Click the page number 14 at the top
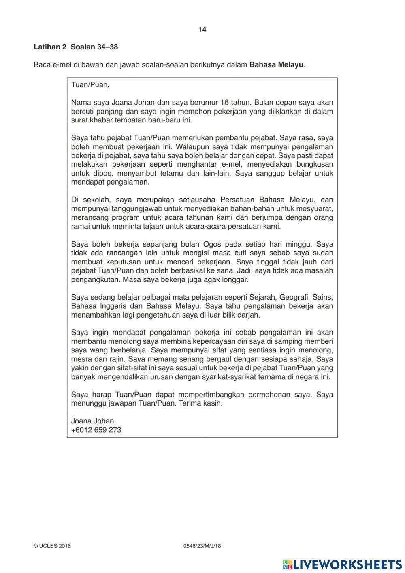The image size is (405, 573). (x=202, y=30)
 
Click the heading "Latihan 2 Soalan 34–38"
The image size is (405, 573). (x=76, y=47)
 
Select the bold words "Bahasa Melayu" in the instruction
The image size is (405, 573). (x=276, y=65)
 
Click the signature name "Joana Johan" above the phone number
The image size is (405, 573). (x=92, y=421)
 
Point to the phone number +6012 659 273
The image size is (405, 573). (x=96, y=430)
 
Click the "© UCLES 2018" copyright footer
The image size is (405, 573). (x=52, y=546)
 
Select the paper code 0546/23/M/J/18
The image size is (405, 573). (x=202, y=546)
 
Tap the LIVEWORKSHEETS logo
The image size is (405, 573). (x=342, y=564)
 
